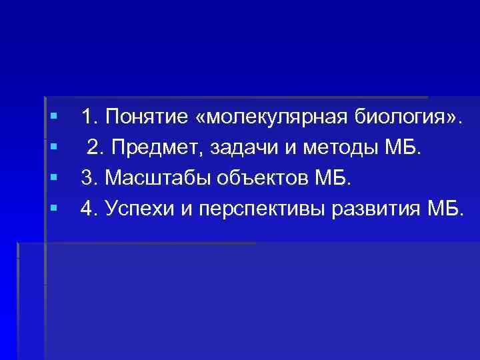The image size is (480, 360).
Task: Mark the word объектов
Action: [x=254, y=178]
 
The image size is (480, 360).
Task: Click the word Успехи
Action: [x=137, y=208]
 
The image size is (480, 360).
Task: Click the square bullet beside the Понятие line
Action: [x=53, y=117]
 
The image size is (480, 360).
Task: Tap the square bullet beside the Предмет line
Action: [x=53, y=147]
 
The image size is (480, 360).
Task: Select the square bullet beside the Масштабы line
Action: [x=53, y=177]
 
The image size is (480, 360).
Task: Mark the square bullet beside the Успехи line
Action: [x=53, y=207]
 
